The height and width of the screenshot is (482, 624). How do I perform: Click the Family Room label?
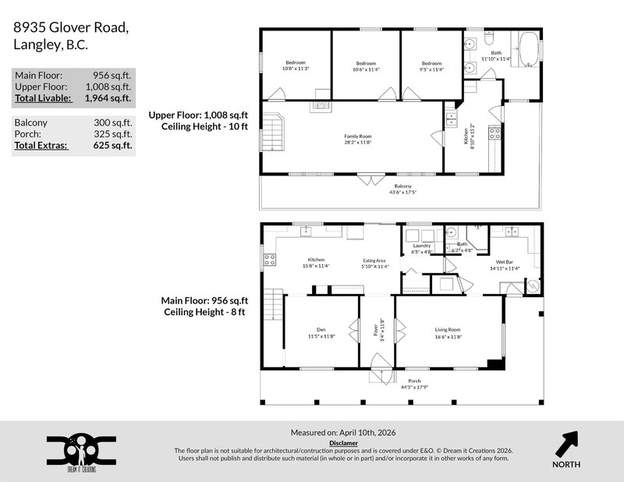[x=358, y=136]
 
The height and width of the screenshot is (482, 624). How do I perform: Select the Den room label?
[x=321, y=329]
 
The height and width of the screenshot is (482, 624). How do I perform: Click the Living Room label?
[x=448, y=329]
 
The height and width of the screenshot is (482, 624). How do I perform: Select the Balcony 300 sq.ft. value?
[x=114, y=122]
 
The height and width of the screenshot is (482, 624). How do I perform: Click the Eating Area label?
[x=374, y=260]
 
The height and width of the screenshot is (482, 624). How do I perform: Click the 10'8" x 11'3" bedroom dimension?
[x=296, y=68]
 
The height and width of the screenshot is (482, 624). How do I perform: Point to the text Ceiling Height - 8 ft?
[x=205, y=312]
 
